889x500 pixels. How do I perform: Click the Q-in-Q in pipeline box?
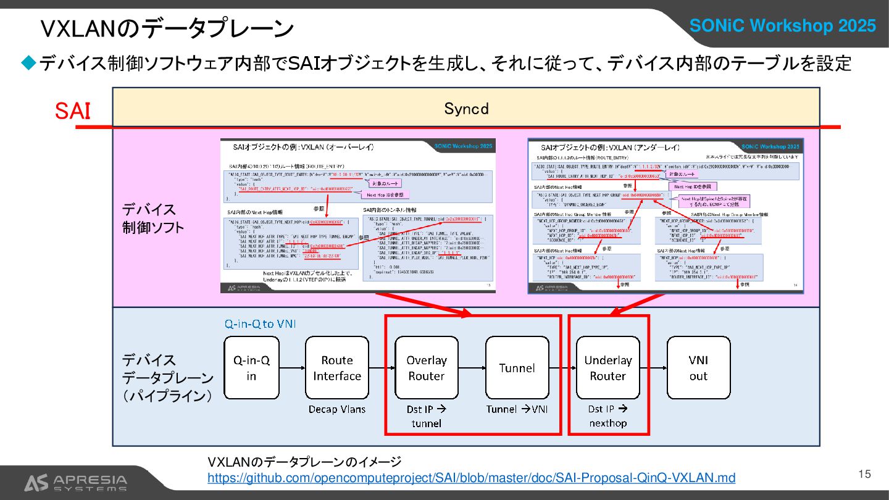pyautogui.click(x=251, y=368)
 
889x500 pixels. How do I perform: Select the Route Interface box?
pyautogui.click(x=336, y=368)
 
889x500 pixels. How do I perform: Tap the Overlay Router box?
pyautogui.click(x=426, y=368)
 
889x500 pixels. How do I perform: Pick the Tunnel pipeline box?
pyautogui.click(x=517, y=368)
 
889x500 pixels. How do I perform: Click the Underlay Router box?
pyautogui.click(x=607, y=368)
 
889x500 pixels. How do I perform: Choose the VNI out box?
pyautogui.click(x=698, y=368)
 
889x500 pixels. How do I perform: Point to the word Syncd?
pyautogui.click(x=466, y=109)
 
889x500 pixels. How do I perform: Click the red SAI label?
pyautogui.click(x=73, y=111)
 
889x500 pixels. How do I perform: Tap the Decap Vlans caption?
pyautogui.click(x=337, y=409)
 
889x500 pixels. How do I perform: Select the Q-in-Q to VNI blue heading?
pyautogui.click(x=259, y=323)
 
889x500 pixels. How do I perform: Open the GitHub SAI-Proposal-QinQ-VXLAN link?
pyautogui.click(x=471, y=478)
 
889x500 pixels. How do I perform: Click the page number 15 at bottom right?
pyautogui.click(x=864, y=474)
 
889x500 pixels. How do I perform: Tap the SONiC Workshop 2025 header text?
pyautogui.click(x=782, y=26)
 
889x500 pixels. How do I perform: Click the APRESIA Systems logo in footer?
pyautogui.click(x=75, y=483)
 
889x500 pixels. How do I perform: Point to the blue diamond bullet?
pyautogui.click(x=29, y=62)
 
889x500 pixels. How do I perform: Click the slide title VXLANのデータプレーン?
pyautogui.click(x=167, y=29)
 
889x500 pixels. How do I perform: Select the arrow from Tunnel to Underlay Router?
pyautogui.click(x=562, y=368)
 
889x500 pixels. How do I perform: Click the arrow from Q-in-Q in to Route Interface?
pyautogui.click(x=292, y=368)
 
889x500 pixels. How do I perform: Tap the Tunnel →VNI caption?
pyautogui.click(x=517, y=409)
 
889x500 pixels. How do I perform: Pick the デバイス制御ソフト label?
pyautogui.click(x=152, y=219)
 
